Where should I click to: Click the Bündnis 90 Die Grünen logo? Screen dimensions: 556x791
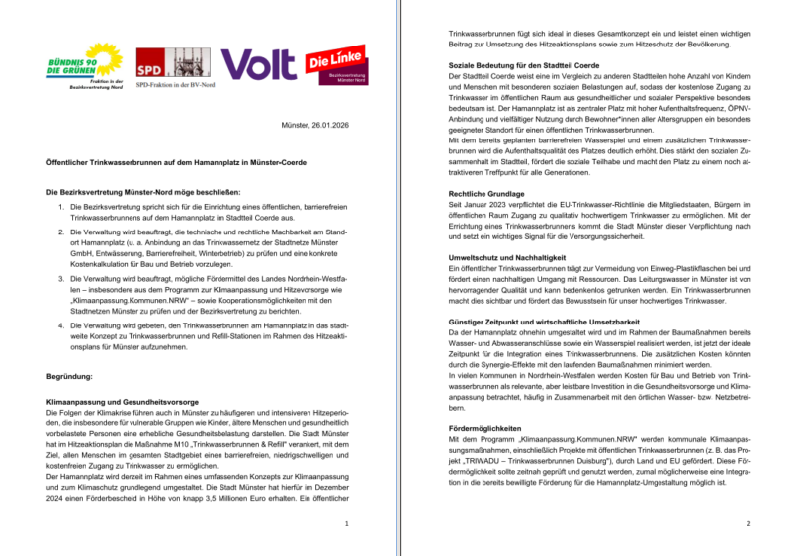click(86, 62)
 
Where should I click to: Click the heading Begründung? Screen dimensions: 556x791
click(71, 377)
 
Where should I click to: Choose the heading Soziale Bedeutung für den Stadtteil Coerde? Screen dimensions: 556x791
click(528, 65)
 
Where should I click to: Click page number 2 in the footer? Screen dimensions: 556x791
click(749, 524)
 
